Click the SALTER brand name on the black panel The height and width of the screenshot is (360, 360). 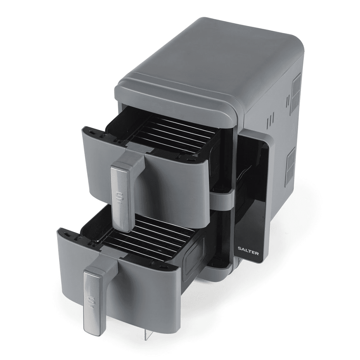pos(248,251)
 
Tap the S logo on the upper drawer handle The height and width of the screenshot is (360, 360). pos(119,197)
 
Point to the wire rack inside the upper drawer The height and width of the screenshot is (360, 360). pos(170,135)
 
